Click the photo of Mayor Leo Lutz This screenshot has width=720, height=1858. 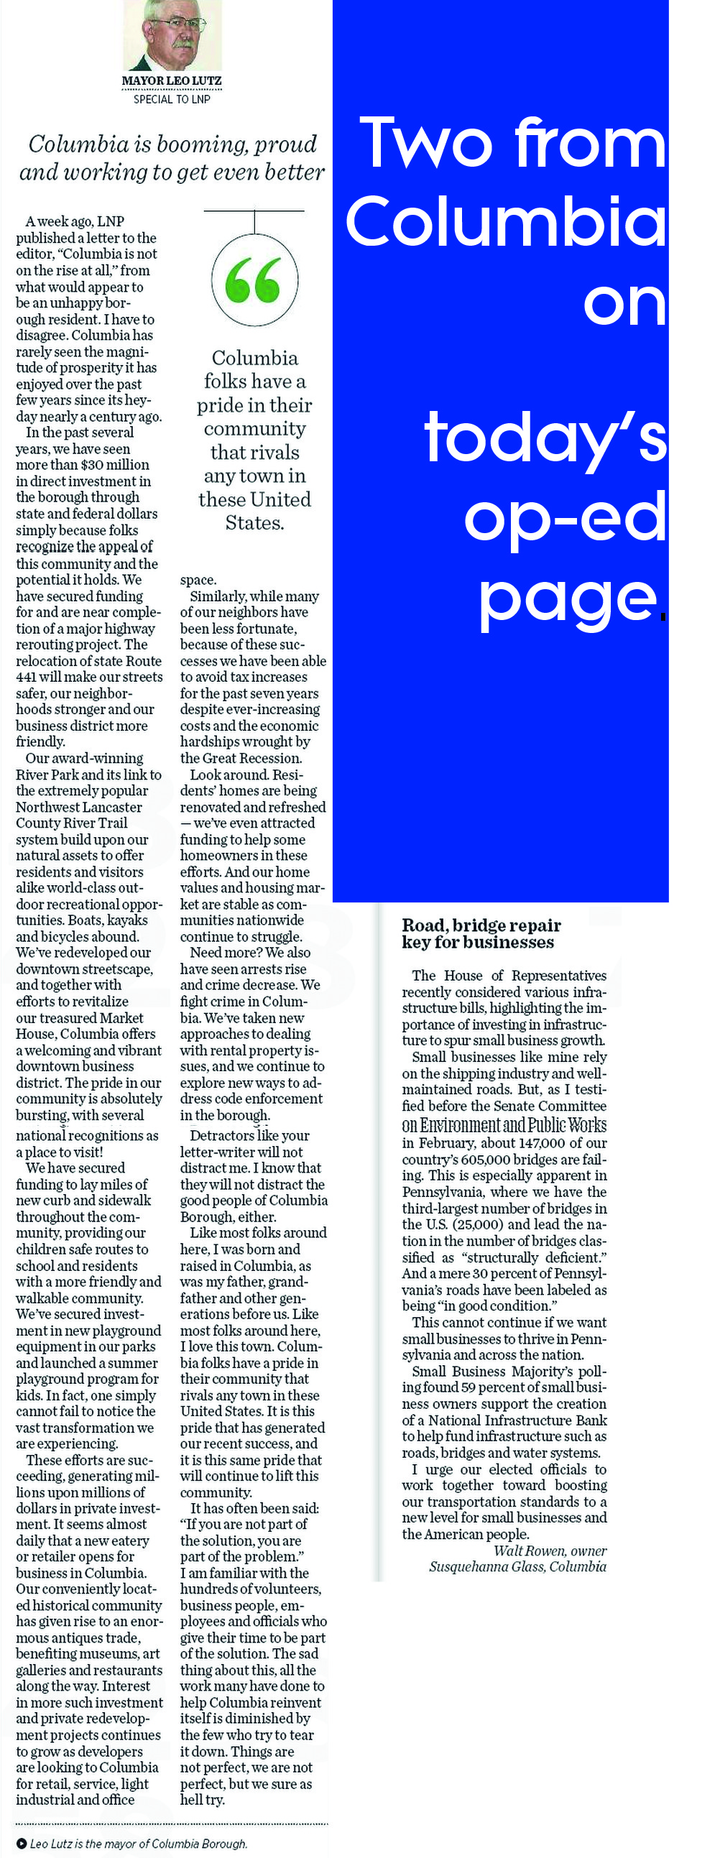tap(171, 34)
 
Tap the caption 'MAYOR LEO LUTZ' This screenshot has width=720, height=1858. tap(172, 80)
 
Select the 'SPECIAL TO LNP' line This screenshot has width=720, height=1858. tap(172, 100)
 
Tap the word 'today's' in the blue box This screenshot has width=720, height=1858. tap(545, 438)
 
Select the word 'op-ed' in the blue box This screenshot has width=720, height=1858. tap(564, 517)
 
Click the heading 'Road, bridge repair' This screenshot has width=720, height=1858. tap(481, 925)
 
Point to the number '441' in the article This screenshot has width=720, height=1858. tap(27, 678)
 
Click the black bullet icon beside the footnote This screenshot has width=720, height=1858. tap(22, 1843)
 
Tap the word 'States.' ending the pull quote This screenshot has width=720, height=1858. tap(254, 522)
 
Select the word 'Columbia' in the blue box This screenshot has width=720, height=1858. tap(505, 221)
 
